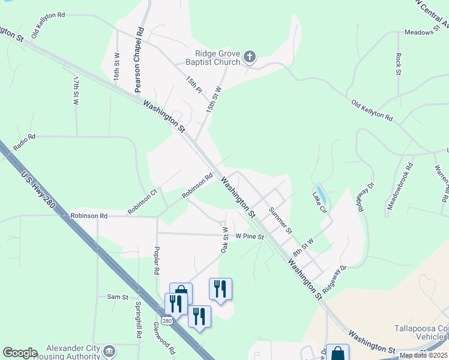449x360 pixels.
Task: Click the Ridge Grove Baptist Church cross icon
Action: tap(250, 58)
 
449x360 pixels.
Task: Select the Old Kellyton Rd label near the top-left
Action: tap(48, 25)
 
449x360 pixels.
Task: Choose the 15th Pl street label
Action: tap(193, 85)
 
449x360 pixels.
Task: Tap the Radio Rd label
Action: tap(24, 137)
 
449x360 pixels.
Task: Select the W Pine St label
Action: tap(250, 236)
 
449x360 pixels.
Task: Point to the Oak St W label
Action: tap(224, 240)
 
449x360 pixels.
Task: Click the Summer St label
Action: tap(280, 220)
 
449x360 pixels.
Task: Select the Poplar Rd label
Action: tap(156, 259)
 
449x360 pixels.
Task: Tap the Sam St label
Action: tap(118, 297)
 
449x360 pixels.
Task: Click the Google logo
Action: tap(20, 353)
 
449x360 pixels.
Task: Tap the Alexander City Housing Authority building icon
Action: tap(109, 350)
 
